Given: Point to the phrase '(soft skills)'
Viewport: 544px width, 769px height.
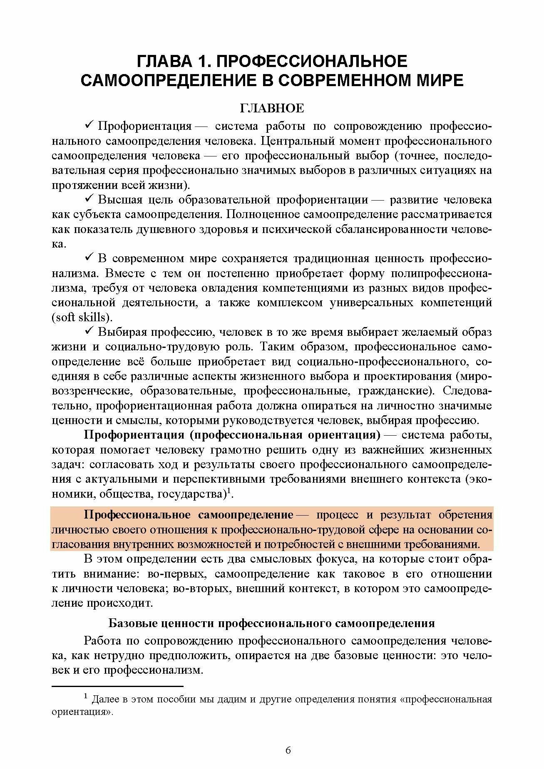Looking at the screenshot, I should pyautogui.click(x=82, y=318).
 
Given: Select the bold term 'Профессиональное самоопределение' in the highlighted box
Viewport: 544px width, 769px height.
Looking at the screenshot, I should pyautogui.click(x=189, y=515).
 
